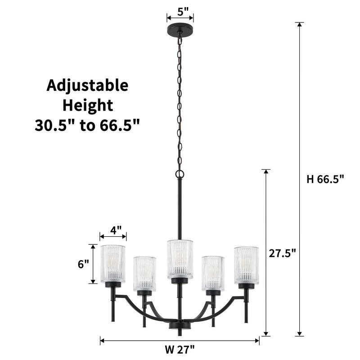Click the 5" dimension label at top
[x=180, y=11]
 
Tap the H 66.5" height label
[x=325, y=179]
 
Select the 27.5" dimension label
[x=282, y=253]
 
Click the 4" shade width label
[x=116, y=230]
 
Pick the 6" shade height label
[x=84, y=264]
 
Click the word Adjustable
[x=87, y=85]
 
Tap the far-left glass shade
[x=112, y=264]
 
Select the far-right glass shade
[x=246, y=265]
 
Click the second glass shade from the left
[x=144, y=273]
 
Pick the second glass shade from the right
[x=213, y=273]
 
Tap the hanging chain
[x=180, y=103]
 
